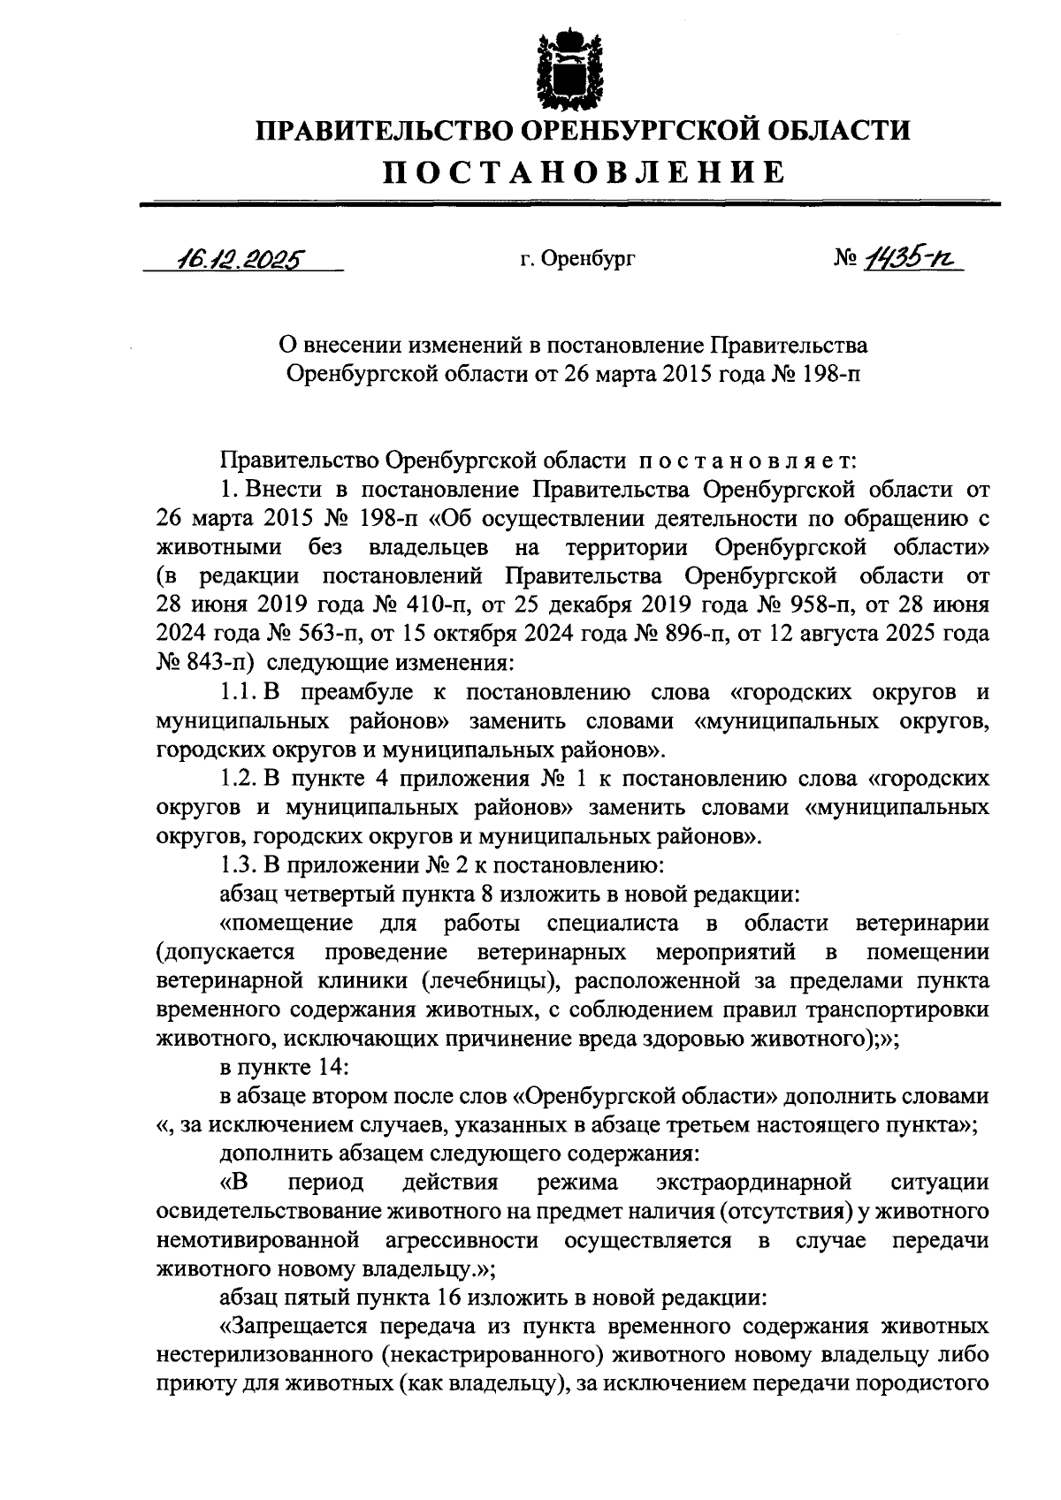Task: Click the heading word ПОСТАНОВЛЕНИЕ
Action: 583,171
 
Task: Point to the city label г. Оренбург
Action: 577,260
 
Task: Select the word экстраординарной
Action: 754,1183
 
